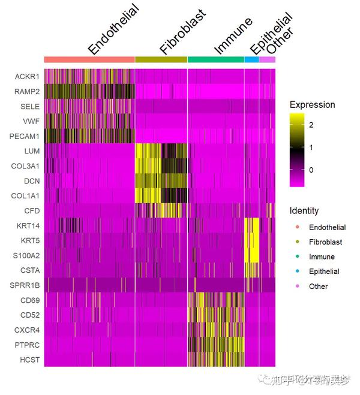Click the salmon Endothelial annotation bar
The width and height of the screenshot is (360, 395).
89,59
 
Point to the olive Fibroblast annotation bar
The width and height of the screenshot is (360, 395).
161,59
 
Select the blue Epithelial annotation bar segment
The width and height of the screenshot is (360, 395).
251,59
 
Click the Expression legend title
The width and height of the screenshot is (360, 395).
311,105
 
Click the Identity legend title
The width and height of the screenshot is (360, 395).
304,211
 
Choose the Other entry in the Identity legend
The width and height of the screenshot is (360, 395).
318,287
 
